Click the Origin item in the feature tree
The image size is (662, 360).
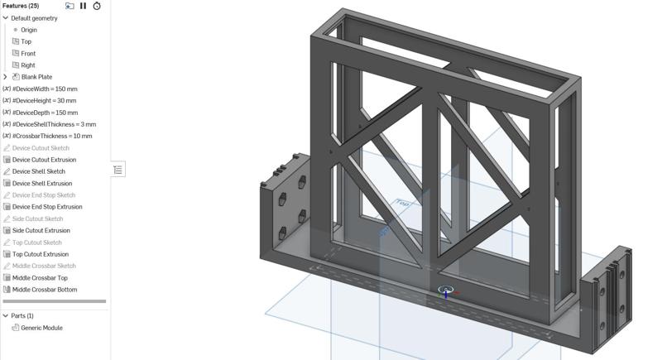29,30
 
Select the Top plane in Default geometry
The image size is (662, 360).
26,41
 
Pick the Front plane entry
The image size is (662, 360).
27,54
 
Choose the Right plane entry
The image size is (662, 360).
27,65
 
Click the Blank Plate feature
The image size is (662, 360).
36,77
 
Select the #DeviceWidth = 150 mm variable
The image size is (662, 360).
45,89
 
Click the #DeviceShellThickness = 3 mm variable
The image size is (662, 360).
54,124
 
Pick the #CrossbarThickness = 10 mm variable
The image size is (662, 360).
52,137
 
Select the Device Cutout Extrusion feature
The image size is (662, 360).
44,160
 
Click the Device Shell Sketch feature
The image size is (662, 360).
38,171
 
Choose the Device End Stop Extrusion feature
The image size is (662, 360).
47,207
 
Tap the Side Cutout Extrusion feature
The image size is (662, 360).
41,231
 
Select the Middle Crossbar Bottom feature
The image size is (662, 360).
45,290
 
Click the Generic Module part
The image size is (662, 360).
41,328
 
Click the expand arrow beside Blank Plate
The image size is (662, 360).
6,77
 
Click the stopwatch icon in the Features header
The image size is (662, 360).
97,6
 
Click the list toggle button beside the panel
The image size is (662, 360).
118,170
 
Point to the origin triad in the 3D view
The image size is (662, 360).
446,292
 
